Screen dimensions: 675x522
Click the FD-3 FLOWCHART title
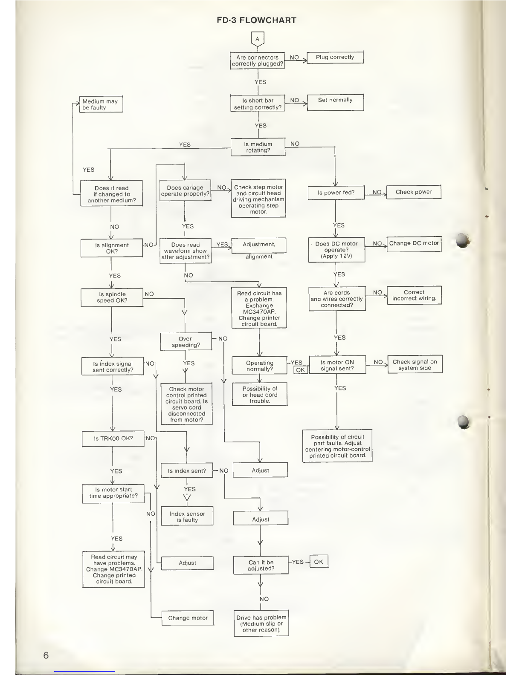click(256, 20)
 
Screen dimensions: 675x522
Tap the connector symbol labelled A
click(258, 39)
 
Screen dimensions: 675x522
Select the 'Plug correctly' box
click(335, 58)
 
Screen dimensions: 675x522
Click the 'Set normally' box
click(335, 102)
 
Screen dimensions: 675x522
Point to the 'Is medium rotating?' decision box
click(258, 147)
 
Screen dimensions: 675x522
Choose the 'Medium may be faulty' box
click(101, 104)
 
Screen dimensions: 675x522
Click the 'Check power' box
click(414, 192)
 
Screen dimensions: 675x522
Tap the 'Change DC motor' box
click(414, 244)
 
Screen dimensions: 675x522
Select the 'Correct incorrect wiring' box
click(414, 295)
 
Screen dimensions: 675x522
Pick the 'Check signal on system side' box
click(415, 365)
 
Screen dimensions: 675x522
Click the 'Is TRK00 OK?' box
click(113, 438)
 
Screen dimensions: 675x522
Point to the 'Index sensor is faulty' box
click(187, 516)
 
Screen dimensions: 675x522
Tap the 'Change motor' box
click(188, 618)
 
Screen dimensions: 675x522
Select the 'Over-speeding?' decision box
click(186, 342)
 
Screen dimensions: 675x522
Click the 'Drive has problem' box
click(261, 624)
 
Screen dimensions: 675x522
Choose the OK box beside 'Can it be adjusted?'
click(319, 562)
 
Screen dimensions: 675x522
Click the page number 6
click(46, 655)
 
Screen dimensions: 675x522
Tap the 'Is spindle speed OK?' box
click(112, 297)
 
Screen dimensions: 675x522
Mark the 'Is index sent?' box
click(187, 471)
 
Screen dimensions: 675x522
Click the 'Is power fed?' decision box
click(336, 193)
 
